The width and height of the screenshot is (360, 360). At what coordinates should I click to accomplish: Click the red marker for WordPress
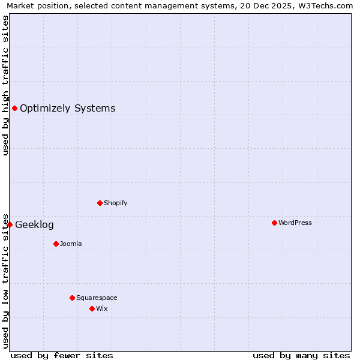pos(274,223)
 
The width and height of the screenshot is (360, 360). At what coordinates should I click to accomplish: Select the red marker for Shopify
pos(100,203)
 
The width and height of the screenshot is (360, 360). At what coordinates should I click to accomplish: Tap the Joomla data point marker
pos(56,244)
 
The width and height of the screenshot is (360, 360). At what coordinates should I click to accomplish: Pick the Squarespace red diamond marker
pos(72,298)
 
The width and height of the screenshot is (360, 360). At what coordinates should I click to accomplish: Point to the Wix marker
pos(92,308)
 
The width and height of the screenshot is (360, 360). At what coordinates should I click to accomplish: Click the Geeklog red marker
pos(10,224)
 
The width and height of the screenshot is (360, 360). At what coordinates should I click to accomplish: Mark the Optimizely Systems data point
pos(14,108)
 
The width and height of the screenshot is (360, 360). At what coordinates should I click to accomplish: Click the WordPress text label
pos(295,223)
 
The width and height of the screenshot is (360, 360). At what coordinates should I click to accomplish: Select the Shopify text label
pos(116,203)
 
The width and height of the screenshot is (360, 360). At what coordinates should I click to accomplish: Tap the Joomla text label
pos(71,244)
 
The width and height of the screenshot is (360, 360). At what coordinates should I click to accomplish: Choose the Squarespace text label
pos(97,298)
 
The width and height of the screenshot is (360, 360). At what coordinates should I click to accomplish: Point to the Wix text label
pos(102,308)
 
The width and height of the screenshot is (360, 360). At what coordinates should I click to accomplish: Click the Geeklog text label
pos(34,225)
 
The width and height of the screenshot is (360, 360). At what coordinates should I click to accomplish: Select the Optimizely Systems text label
pos(68,109)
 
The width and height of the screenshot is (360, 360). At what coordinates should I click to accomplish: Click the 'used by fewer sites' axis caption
pos(62,355)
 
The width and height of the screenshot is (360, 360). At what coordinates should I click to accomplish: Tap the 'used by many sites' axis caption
pos(301,355)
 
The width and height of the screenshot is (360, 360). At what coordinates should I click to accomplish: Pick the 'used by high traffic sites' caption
pos(5,85)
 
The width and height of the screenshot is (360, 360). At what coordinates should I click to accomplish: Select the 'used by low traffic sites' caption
pos(5,280)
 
